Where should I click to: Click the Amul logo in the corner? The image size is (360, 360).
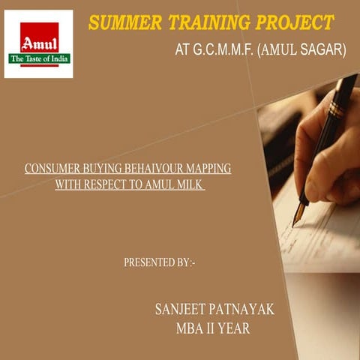coord(39,43)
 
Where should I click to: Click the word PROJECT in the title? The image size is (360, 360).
coord(292,22)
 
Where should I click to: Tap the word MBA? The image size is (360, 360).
coord(190,328)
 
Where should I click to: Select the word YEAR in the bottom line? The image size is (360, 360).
coord(234,328)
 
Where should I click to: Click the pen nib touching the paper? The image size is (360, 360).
coord(297,218)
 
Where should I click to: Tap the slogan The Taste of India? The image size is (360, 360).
coord(38,58)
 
